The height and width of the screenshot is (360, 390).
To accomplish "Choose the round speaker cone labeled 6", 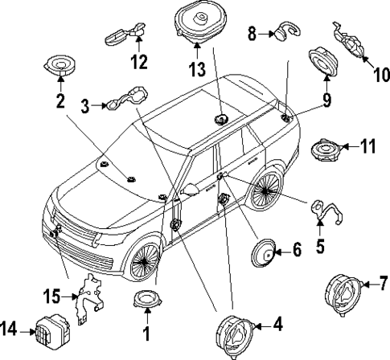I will point(262,252).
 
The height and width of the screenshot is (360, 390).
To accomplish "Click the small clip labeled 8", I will point(281,33).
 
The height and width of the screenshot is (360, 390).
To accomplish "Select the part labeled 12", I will point(125,33).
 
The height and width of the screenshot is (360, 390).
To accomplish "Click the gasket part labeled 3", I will point(129,100).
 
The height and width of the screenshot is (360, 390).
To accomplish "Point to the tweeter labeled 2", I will point(60,64).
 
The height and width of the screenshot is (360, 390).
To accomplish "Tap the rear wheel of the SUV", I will point(265,191).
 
